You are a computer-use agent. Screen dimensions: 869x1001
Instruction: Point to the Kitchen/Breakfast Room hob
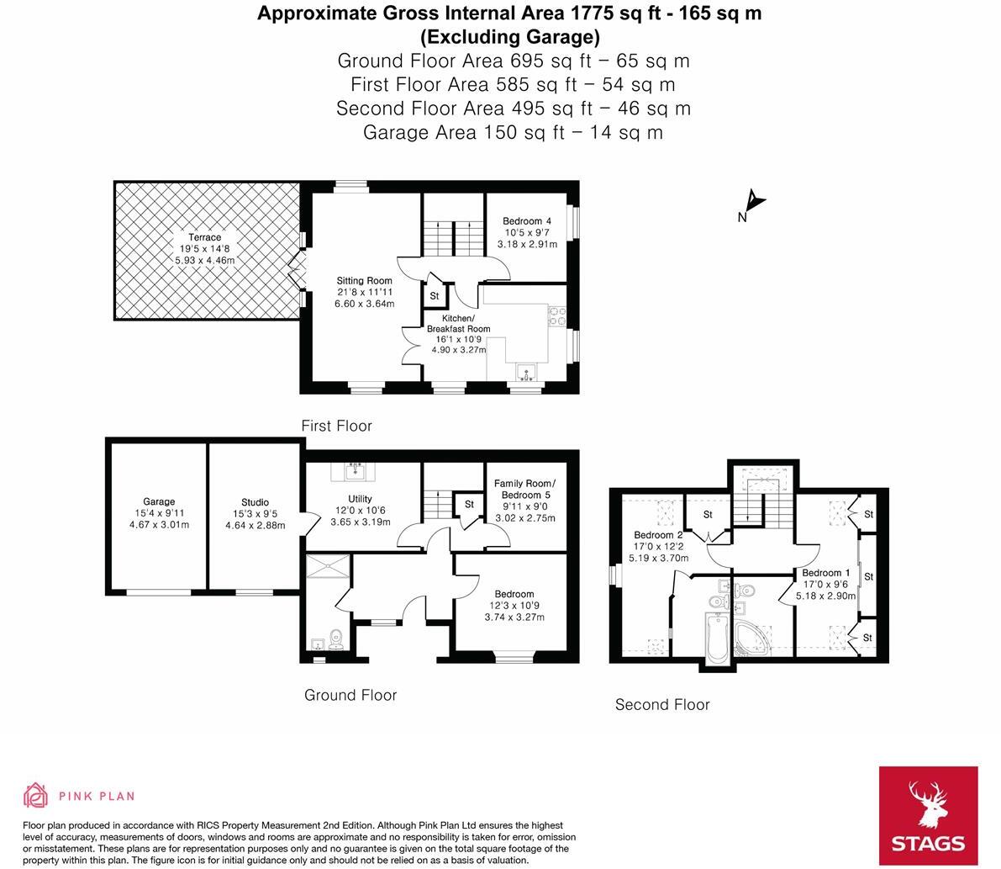[557, 315]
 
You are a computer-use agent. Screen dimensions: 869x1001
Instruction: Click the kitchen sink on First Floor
[526, 372]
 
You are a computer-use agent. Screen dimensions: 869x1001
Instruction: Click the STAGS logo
[928, 815]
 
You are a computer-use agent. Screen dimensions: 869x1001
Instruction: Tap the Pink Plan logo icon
[35, 795]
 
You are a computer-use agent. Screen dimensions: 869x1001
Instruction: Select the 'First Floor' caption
[336, 426]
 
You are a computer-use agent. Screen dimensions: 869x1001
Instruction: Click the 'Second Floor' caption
[662, 705]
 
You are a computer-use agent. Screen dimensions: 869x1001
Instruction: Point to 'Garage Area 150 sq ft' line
[513, 132]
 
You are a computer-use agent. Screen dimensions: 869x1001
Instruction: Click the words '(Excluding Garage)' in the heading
[509, 37]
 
